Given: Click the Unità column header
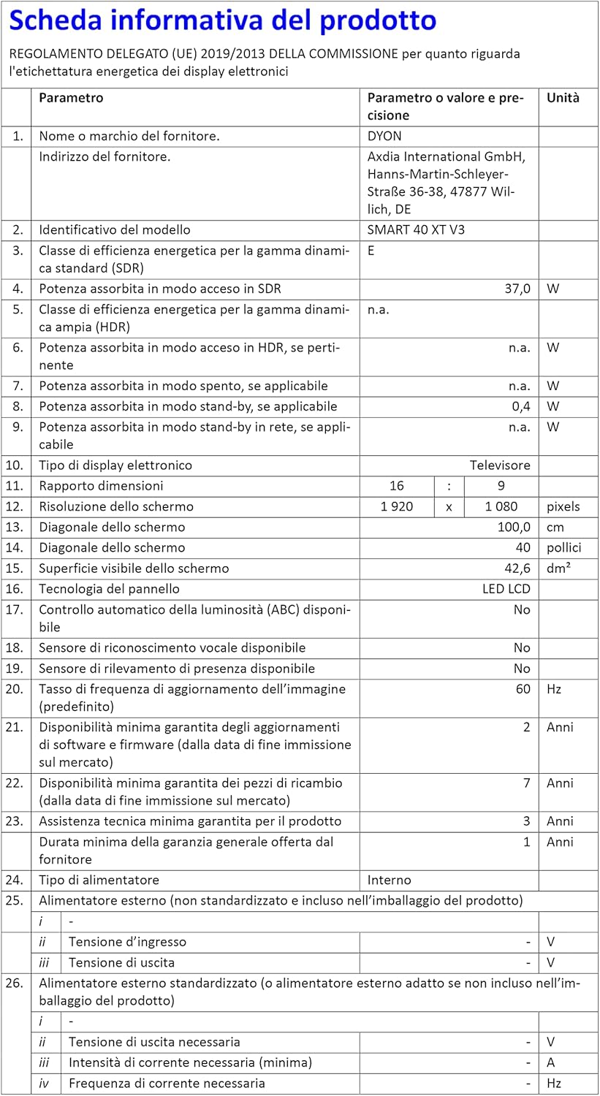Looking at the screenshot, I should point(563,97).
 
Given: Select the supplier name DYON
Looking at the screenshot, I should point(384,136).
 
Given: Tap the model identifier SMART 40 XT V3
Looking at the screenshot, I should point(416,229).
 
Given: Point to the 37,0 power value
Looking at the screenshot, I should point(517,289).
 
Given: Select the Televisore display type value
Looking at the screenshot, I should point(500,465).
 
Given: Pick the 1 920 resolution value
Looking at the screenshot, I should point(397,506).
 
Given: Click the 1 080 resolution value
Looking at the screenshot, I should point(501,506).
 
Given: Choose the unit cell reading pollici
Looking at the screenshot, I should point(564,547).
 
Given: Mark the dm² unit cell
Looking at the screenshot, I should point(559,568).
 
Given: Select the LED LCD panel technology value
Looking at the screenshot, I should point(501,589).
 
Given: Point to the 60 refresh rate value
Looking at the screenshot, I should point(523,689).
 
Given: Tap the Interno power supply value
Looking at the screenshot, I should point(389,880).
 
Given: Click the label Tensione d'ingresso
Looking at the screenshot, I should point(127,942).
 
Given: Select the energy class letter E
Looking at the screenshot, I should point(371,250).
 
